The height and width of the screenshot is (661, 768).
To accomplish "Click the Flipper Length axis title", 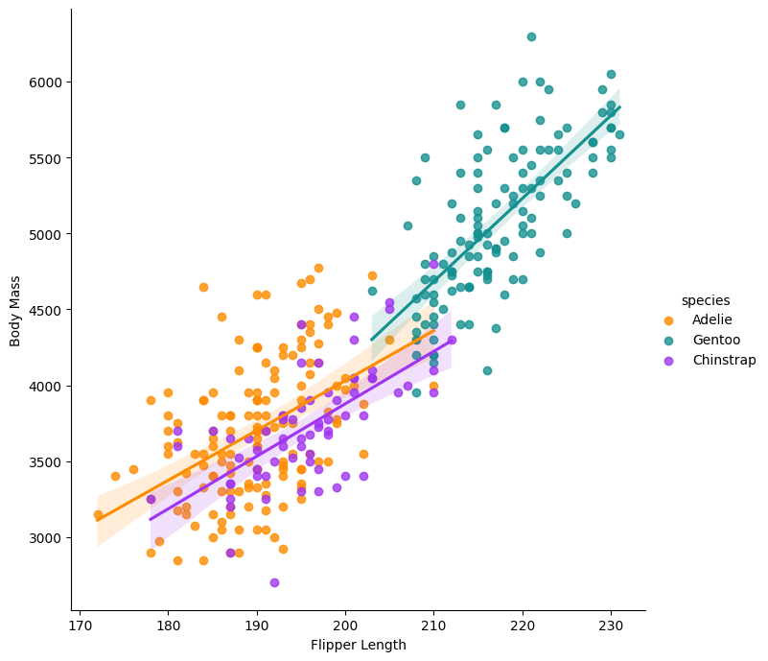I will pos(358,645).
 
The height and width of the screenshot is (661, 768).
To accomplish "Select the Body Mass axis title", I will pos(15,311).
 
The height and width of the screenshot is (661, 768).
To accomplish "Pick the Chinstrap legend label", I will pos(724,360).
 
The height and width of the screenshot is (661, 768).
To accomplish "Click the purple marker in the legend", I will pos(668,360).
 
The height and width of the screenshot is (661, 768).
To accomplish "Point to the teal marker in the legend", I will pos(668,341).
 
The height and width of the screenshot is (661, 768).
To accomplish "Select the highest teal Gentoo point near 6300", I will pos(531,36).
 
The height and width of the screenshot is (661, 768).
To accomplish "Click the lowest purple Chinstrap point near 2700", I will pos(274,582).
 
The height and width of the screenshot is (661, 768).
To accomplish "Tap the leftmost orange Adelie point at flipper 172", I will pos(98,515).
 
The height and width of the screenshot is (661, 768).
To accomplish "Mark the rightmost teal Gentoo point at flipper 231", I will pos(619,134).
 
